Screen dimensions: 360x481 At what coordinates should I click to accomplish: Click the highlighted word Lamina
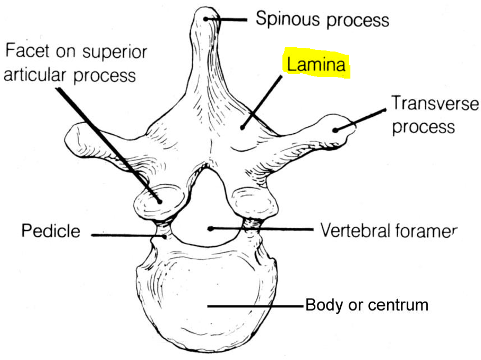[x=316, y=65]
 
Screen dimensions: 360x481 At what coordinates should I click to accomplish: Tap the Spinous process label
[x=322, y=20]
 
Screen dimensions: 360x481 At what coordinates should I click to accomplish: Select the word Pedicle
[x=51, y=231]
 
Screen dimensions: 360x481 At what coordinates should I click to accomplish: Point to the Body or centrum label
[x=366, y=305]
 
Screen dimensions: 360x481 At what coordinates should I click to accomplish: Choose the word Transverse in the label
[x=435, y=103]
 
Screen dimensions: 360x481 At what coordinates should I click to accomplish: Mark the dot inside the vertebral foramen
[x=211, y=229]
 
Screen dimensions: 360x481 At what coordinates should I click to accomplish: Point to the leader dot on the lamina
[x=242, y=126]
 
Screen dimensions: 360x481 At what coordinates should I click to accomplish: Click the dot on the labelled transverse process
[x=336, y=129]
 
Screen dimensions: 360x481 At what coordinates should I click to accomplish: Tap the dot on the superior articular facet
[x=159, y=201]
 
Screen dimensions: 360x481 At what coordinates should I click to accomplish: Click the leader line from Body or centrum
[x=255, y=306]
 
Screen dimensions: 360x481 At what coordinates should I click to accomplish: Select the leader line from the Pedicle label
[x=127, y=234]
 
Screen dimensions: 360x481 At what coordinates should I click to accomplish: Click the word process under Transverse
[x=423, y=126]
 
